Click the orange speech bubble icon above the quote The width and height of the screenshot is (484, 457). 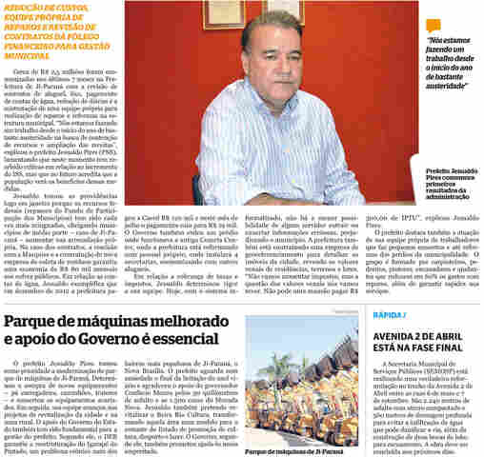point(434,27)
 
